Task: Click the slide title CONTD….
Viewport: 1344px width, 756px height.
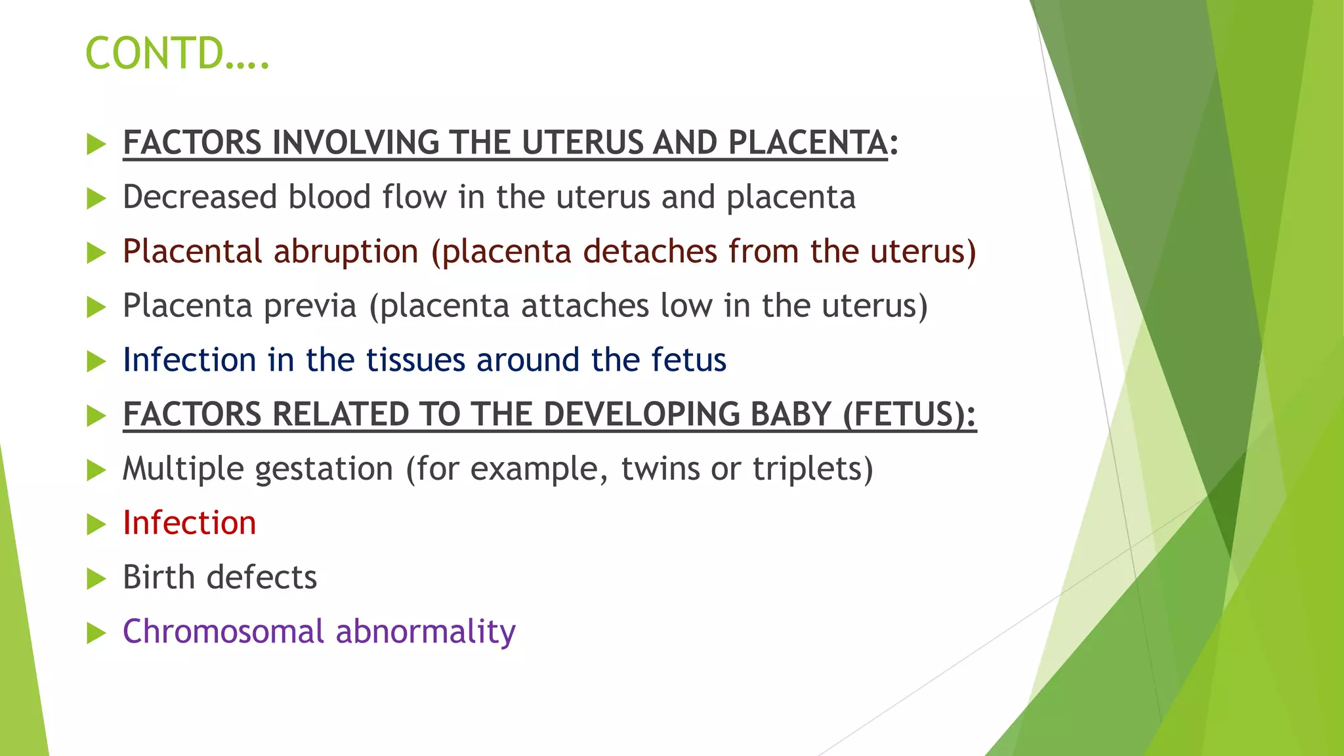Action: click(x=177, y=53)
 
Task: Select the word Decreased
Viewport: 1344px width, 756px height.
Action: click(x=199, y=197)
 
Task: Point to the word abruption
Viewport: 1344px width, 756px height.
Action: click(x=345, y=252)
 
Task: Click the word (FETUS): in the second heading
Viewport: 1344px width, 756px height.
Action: click(x=909, y=415)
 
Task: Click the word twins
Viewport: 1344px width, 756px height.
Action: click(x=660, y=469)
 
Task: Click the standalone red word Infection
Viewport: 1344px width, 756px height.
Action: click(x=189, y=523)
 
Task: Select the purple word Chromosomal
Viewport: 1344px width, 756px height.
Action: click(x=223, y=631)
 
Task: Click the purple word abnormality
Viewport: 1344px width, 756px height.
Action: click(x=425, y=631)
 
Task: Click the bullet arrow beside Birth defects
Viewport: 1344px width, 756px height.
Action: click(x=96, y=579)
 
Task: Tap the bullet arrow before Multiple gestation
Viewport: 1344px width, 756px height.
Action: click(x=96, y=470)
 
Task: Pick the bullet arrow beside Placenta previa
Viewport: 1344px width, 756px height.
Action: click(x=96, y=307)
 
